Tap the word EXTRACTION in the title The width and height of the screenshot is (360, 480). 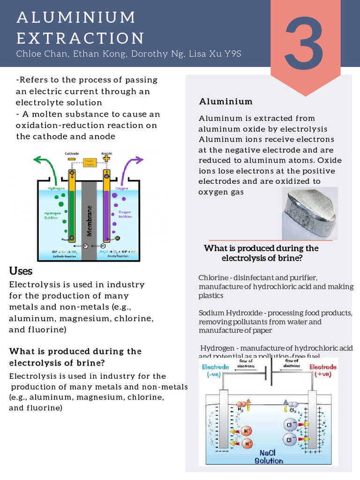80,38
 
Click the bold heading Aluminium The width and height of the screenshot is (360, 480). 226,101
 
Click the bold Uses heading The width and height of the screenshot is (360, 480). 21,271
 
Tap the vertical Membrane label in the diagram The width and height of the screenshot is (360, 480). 89,220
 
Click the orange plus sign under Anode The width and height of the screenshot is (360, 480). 107,158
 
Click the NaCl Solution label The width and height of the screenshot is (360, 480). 269,457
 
